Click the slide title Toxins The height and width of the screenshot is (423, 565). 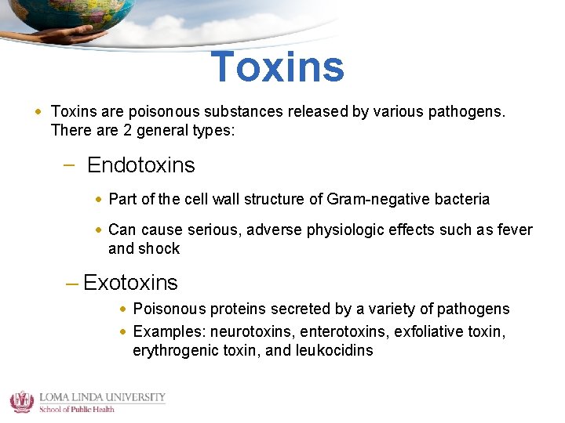(x=278, y=67)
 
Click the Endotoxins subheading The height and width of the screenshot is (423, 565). (x=140, y=165)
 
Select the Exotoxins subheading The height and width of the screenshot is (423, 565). (x=130, y=282)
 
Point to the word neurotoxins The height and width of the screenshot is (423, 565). (x=246, y=331)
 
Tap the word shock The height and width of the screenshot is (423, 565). (x=159, y=248)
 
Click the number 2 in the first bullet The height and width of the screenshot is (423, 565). (x=127, y=130)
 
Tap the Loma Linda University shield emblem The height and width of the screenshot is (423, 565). (x=21, y=401)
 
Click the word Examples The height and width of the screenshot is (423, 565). (x=162, y=331)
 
